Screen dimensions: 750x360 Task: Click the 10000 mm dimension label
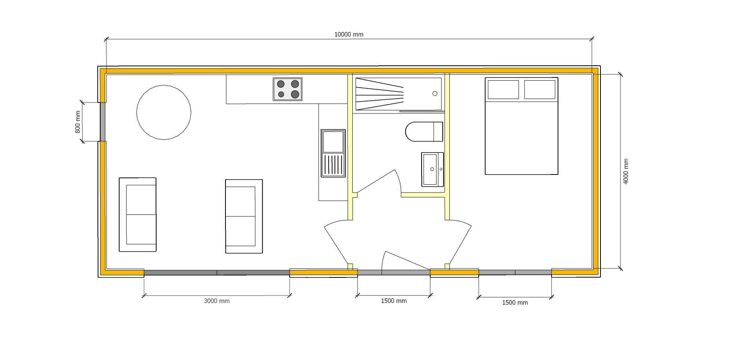349,34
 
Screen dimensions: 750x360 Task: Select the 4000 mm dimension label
626,171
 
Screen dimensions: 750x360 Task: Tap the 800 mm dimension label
78,122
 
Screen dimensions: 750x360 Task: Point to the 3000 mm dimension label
217,301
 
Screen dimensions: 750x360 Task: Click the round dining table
164,112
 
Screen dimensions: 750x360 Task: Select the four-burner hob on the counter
288,89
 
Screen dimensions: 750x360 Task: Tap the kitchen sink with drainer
333,153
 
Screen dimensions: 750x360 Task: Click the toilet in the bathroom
424,131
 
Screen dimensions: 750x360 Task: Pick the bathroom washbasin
433,169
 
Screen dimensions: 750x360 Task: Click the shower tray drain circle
435,94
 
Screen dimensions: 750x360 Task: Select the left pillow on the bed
503,90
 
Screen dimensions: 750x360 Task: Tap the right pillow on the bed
540,90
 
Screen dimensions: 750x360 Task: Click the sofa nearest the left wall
137,214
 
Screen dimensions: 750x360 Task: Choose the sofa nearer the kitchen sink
244,216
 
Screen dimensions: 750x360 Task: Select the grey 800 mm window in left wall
103,122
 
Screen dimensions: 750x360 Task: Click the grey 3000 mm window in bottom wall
217,273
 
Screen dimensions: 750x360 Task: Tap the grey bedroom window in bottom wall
515,272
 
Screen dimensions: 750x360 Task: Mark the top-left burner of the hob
281,84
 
